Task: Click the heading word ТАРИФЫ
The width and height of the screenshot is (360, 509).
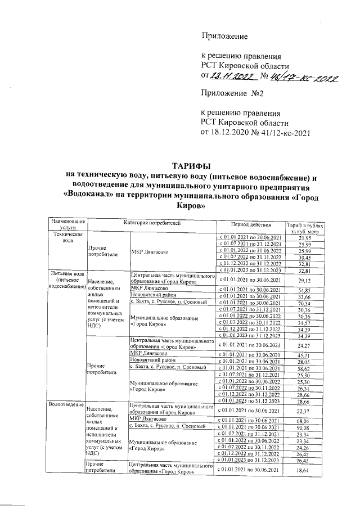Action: (x=191, y=166)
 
